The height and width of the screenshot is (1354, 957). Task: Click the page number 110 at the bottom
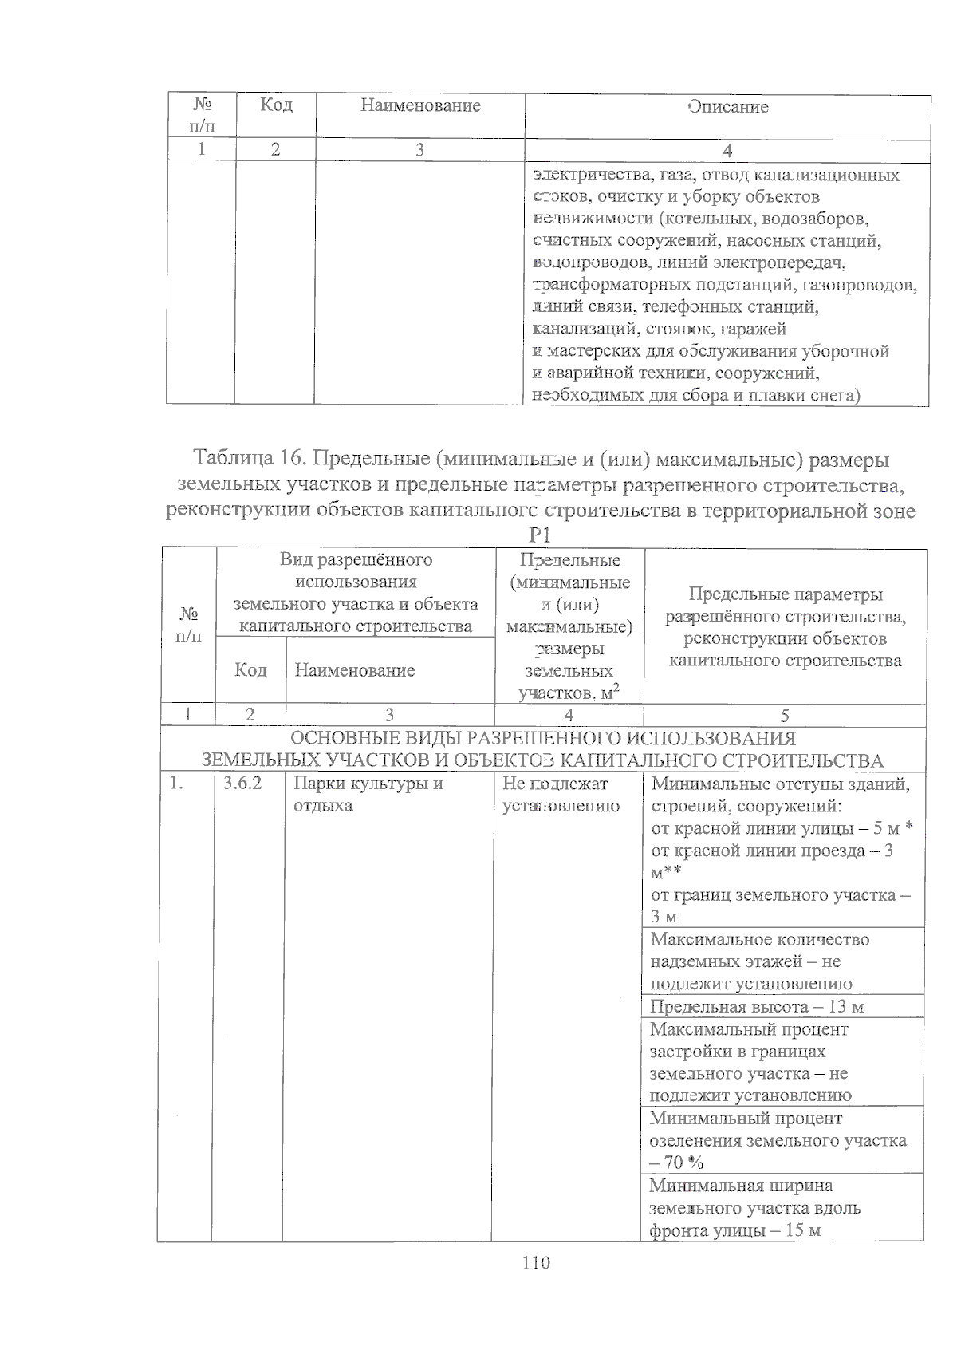[x=536, y=1263]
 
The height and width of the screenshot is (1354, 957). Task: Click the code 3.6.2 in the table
[x=242, y=784]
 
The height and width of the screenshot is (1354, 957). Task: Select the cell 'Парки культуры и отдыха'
[x=368, y=794]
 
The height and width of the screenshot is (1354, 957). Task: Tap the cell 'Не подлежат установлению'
[x=561, y=795]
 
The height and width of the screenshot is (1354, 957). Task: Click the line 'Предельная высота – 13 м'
[x=756, y=1007]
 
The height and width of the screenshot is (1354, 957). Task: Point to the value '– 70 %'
[x=676, y=1163]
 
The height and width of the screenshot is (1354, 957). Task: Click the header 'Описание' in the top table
[x=728, y=107]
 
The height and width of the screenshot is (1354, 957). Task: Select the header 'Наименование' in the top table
[x=420, y=105]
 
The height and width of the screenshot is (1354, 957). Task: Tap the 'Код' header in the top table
[x=276, y=105]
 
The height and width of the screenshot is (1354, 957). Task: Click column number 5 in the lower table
[x=785, y=716]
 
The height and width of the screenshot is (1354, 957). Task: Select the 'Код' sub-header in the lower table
[x=250, y=670]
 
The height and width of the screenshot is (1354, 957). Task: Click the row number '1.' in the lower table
[x=176, y=784]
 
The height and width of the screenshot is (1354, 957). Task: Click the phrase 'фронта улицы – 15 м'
[x=734, y=1230]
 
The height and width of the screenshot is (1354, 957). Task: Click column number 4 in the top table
[x=727, y=151]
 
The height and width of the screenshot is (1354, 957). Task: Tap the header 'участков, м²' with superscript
[x=569, y=693]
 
